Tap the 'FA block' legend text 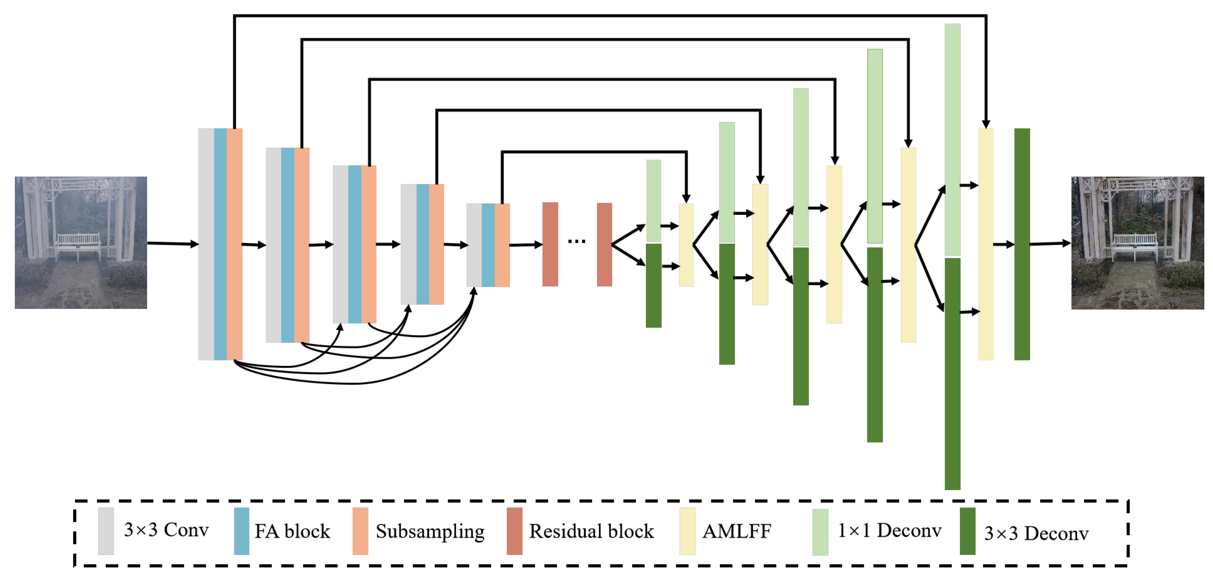293,531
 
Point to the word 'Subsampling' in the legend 430,532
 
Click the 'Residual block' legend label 592,531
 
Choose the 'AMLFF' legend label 736,531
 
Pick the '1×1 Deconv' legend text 889,531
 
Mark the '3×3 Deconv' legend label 1036,533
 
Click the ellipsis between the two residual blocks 576,241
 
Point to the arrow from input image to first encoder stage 172,243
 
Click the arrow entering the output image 1050,243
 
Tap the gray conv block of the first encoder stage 206,244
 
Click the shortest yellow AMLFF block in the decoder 686,245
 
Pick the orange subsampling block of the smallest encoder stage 502,245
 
